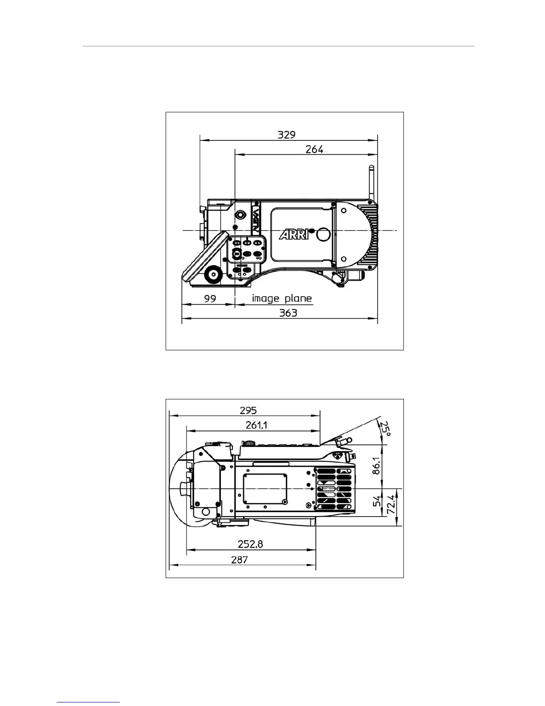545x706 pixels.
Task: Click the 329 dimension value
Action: click(x=286, y=135)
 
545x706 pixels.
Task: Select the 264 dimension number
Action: click(x=314, y=149)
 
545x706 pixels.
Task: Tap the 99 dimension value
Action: click(x=210, y=299)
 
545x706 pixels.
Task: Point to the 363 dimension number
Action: click(x=288, y=313)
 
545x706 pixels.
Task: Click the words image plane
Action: click(x=282, y=298)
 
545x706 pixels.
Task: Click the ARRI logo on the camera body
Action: click(x=294, y=234)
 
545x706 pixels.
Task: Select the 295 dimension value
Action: click(x=248, y=410)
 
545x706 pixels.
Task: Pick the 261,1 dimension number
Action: click(x=256, y=425)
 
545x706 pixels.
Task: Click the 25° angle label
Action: click(x=385, y=428)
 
